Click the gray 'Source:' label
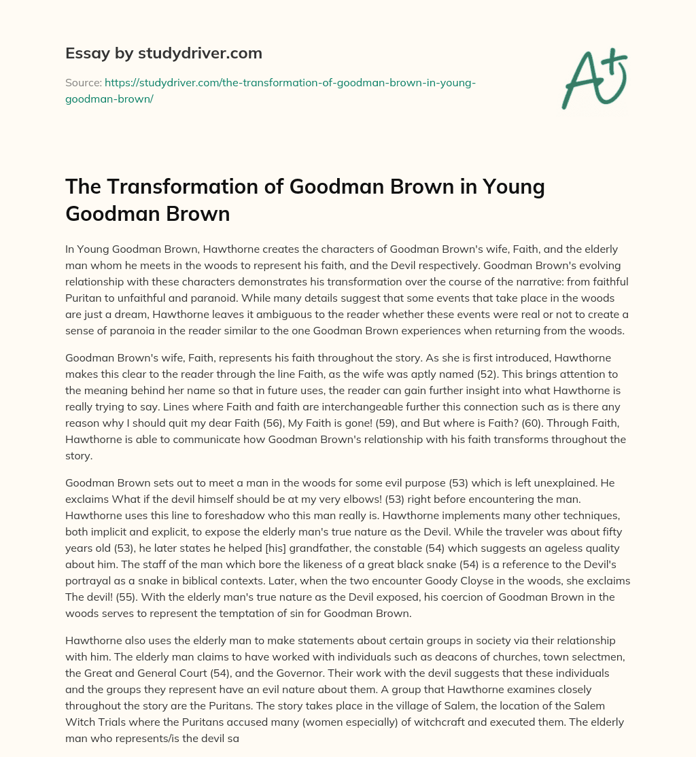coord(83,82)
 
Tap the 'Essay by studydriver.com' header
coord(164,52)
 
